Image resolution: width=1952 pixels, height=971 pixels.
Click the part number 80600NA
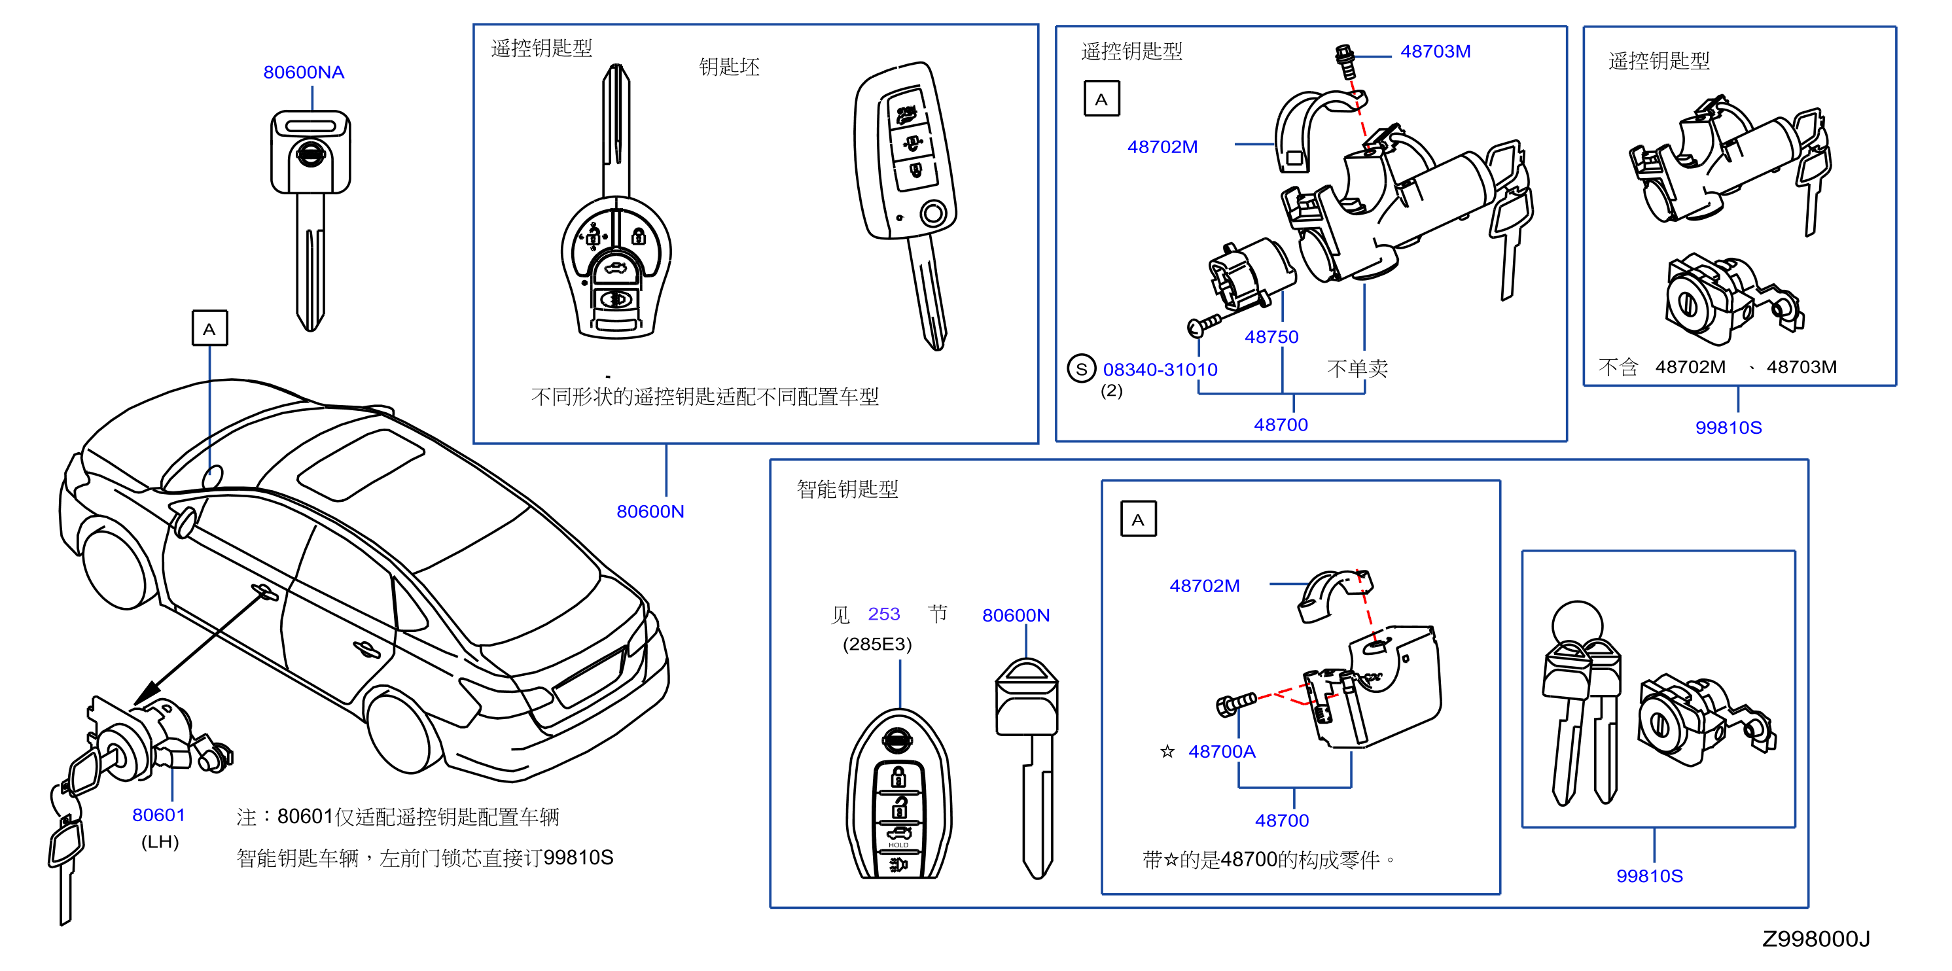point(303,72)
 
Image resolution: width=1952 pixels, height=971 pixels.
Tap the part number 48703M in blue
point(1435,52)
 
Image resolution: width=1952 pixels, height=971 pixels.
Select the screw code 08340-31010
point(1160,370)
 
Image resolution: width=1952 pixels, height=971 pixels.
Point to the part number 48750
point(1271,337)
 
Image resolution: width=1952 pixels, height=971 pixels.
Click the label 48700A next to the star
point(1222,751)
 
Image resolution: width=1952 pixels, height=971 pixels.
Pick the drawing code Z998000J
point(1816,938)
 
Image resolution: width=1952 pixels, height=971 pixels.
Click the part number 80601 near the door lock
point(158,815)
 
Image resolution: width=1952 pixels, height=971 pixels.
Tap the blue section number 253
point(883,614)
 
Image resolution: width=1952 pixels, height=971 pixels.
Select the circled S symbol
point(1081,369)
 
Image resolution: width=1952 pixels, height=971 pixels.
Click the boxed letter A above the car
point(210,328)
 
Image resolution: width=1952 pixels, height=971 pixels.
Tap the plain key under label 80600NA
point(311,220)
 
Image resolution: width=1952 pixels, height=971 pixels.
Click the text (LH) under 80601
point(160,841)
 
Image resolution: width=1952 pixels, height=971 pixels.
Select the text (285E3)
point(877,644)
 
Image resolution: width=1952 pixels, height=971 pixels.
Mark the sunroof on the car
point(361,465)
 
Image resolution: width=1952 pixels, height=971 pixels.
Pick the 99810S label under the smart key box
point(1649,875)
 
